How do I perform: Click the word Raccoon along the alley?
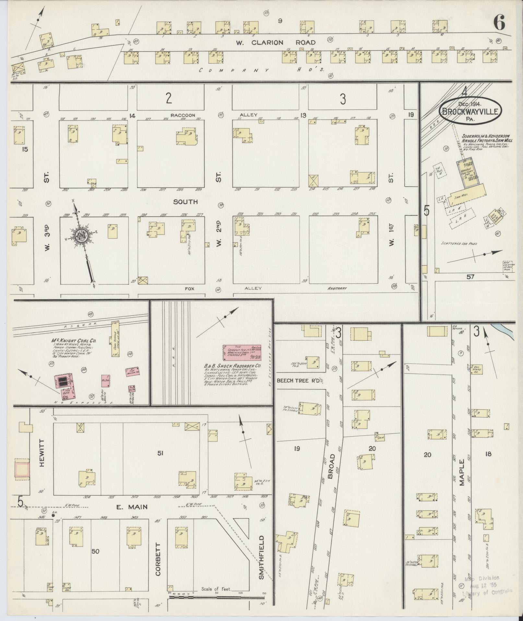183,115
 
